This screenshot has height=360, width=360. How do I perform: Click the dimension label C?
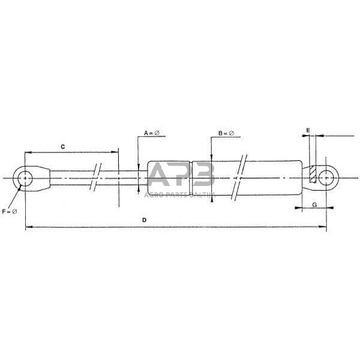pos(62,146)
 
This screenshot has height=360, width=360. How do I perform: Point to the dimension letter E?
pos(307,130)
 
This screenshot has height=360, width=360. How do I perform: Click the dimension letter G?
pos(314,205)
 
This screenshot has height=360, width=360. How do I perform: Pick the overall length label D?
pos(144,220)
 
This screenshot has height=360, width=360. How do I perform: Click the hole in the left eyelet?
pos(25,179)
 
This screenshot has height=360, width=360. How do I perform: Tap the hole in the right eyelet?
pos(326,178)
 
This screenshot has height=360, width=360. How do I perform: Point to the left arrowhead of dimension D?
pos(27,227)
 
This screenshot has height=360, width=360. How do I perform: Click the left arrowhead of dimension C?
pos(27,152)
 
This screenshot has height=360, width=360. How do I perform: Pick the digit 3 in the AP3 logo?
pos(202,177)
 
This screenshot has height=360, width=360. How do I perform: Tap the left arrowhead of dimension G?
pos(298,209)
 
